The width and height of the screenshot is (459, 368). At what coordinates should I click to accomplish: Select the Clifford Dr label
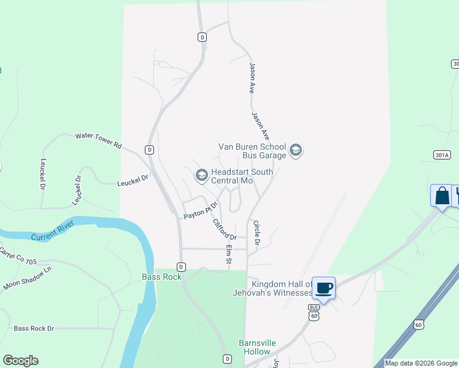[224, 229]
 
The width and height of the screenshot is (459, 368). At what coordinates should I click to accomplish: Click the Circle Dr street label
[257, 234]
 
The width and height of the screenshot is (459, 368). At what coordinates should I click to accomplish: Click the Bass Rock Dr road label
[34, 329]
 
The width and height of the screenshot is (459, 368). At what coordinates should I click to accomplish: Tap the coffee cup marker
[324, 287]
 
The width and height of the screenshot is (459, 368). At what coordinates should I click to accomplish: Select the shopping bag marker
[441, 196]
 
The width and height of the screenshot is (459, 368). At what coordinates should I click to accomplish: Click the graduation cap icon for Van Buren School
[296, 150]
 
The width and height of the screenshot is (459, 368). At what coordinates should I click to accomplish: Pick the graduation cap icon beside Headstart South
[201, 176]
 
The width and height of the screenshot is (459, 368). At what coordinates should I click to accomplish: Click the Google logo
[20, 361]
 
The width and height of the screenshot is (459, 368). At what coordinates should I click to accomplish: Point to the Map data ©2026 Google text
[422, 363]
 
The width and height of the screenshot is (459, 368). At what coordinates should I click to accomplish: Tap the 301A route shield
[441, 155]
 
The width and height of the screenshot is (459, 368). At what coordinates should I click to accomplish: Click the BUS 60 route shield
[314, 312]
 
